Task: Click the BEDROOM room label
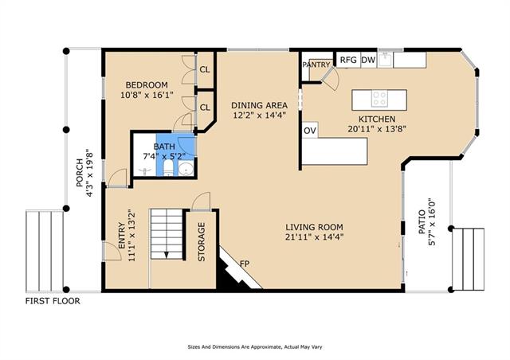(x=147, y=85)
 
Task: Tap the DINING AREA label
(x=259, y=105)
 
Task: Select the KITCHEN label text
(x=377, y=119)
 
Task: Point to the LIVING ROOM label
(x=314, y=227)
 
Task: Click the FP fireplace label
(x=245, y=264)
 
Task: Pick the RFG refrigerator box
(x=348, y=60)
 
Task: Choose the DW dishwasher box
(x=368, y=60)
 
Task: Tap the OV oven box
(x=310, y=131)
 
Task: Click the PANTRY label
(x=316, y=65)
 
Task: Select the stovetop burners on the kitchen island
(x=379, y=99)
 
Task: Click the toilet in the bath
(x=168, y=167)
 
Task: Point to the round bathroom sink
(x=186, y=170)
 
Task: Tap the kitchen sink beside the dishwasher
(x=385, y=59)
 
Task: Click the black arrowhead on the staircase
(x=167, y=255)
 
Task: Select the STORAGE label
(x=202, y=241)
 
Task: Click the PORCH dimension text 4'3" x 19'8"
(x=89, y=173)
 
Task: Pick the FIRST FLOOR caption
(x=53, y=301)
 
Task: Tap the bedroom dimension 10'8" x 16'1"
(x=147, y=96)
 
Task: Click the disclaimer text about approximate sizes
(x=255, y=347)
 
